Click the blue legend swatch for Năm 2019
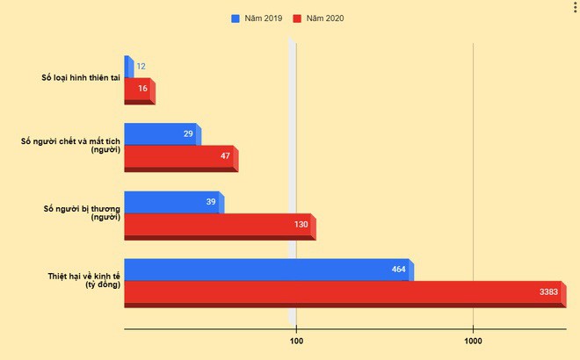[x=236, y=18]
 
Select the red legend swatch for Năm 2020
[x=299, y=18]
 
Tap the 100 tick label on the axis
[x=297, y=341]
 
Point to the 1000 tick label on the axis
[x=473, y=341]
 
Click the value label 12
[x=141, y=67]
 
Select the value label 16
[x=142, y=89]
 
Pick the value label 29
[x=188, y=133]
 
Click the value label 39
[x=211, y=202]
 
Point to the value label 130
[x=301, y=225]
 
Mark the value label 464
[x=399, y=270]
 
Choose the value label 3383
[x=549, y=292]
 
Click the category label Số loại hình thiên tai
[x=80, y=78]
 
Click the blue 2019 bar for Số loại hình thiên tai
[x=128, y=66]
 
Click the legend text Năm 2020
[x=326, y=18]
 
